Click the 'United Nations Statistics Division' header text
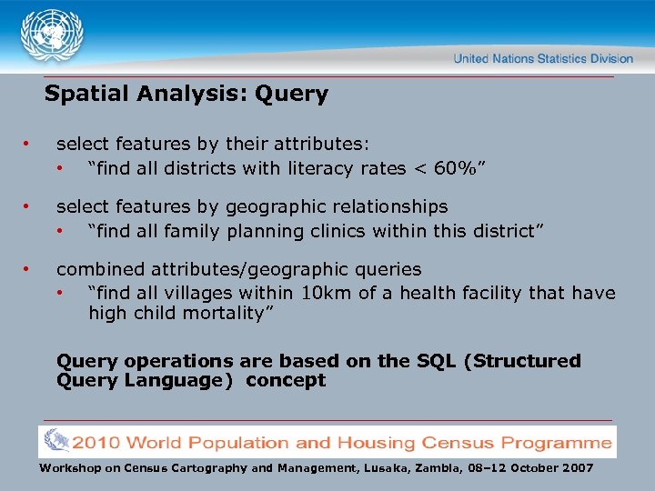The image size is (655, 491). [x=543, y=58]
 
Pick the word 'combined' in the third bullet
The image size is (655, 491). [x=97, y=269]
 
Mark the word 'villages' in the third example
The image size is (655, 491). [x=198, y=293]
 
